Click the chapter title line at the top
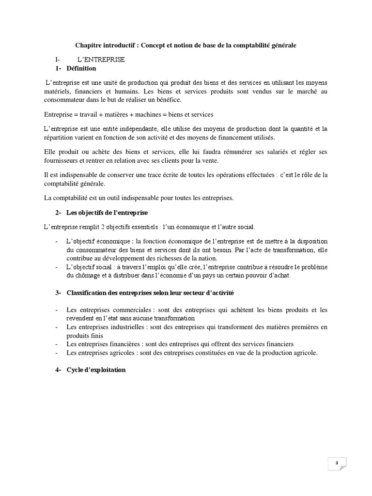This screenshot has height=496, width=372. (186, 45)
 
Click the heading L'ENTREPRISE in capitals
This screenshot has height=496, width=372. (101, 60)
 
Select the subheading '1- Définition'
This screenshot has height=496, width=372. (76, 69)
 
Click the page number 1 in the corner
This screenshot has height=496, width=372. (337, 464)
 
